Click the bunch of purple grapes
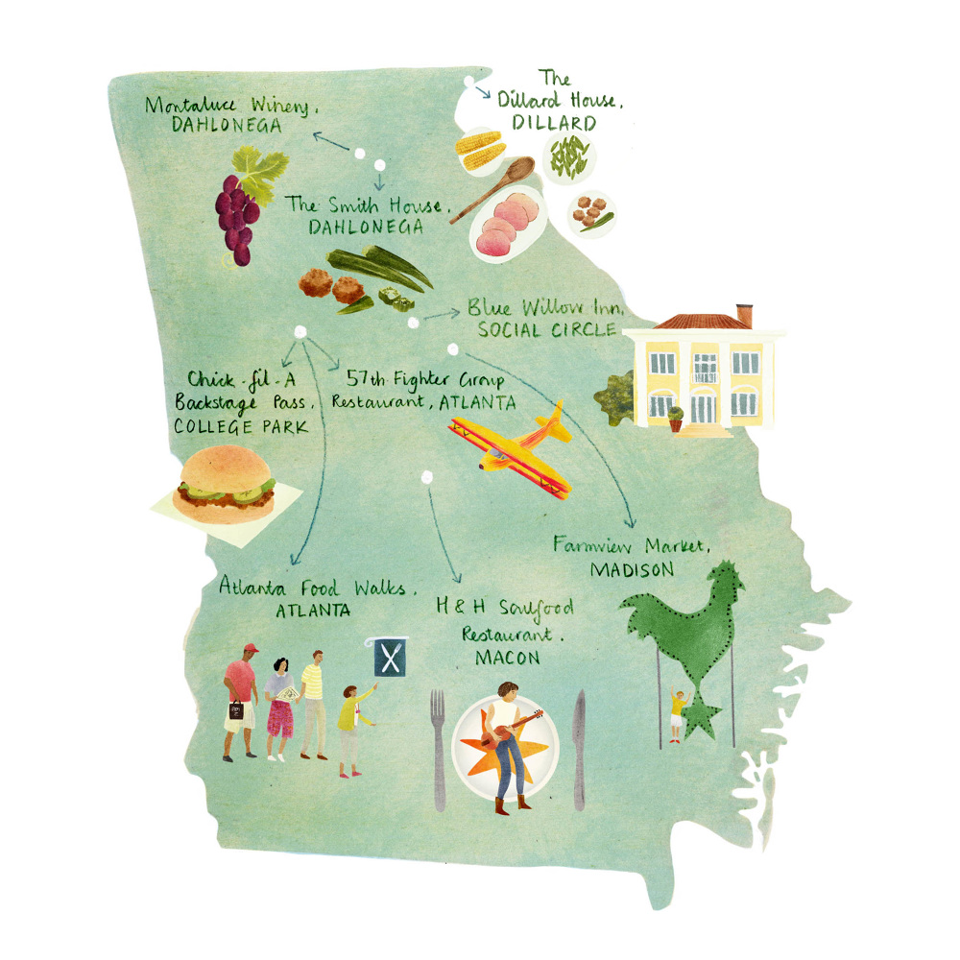[x=235, y=216]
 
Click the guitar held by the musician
[x=513, y=730]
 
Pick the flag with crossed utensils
[x=389, y=657]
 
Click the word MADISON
[x=631, y=569]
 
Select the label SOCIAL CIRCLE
[x=545, y=330]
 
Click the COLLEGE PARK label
[x=241, y=426]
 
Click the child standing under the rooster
[x=678, y=713]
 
